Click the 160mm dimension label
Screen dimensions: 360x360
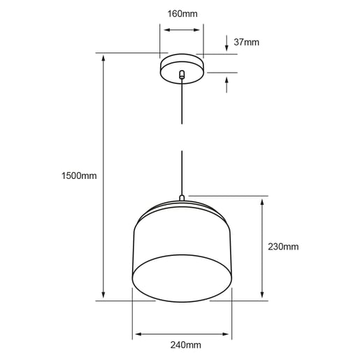[182, 13]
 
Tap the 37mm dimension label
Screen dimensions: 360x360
[247, 42]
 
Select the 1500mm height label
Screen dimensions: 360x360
[79, 175]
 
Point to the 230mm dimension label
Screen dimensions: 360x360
[283, 247]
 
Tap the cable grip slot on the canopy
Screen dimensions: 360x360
[182, 74]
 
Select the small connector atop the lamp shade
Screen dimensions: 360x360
[182, 199]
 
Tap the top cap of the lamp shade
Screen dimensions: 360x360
[182, 208]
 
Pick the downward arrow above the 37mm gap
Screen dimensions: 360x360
[227, 47]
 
